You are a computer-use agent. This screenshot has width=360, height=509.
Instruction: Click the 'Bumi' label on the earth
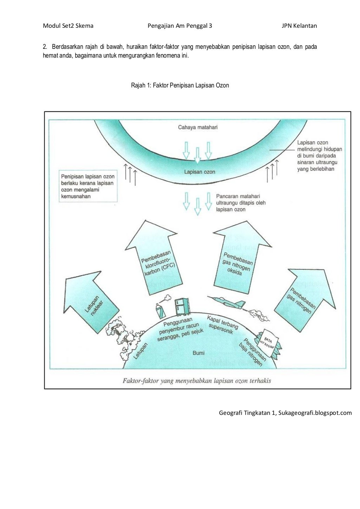(198, 353)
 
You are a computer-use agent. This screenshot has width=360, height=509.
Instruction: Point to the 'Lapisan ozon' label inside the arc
(199, 172)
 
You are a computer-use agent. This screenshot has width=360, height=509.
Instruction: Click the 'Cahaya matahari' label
(198, 127)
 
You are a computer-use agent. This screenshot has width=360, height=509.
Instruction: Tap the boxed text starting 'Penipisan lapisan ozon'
(88, 186)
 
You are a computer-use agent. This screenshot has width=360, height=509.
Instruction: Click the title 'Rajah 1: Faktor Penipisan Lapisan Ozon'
(180, 85)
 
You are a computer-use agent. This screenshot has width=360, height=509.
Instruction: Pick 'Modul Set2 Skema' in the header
(68, 26)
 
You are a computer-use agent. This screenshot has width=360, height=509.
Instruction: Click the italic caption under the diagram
(197, 380)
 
